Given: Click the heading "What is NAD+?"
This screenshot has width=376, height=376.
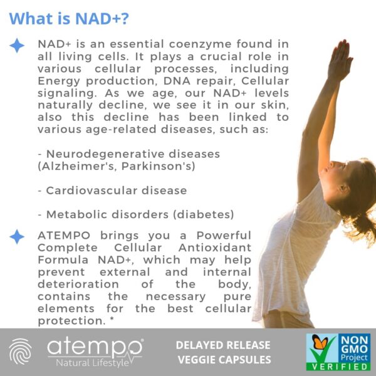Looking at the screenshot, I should (x=70, y=19).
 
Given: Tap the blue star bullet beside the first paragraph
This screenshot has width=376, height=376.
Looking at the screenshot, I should (x=18, y=45).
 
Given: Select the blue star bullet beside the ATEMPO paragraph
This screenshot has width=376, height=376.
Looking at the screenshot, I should (x=18, y=237).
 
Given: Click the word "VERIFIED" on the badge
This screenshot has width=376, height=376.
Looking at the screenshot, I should (x=338, y=366).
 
